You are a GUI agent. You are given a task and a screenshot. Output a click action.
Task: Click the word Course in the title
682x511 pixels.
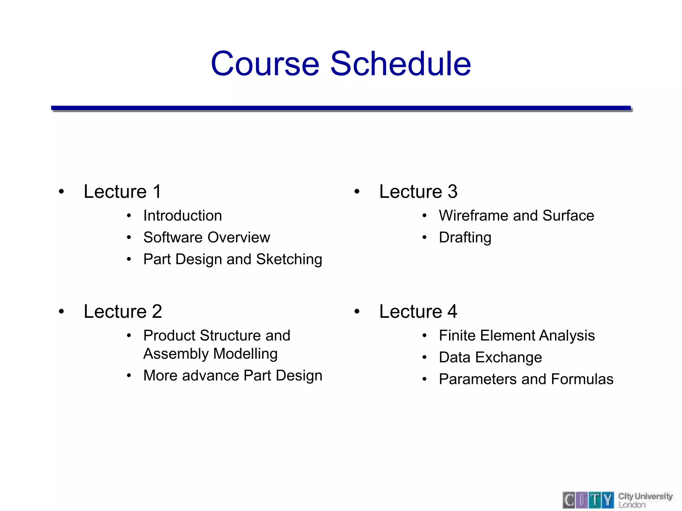[x=265, y=64]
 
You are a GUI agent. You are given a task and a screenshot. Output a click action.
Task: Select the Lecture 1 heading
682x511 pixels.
[x=123, y=192]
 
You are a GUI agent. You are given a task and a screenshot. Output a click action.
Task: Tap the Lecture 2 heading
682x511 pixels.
[x=123, y=312]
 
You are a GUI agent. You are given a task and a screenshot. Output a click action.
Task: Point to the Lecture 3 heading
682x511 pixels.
[x=418, y=192]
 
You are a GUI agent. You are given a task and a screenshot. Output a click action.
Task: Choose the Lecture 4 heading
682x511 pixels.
[x=418, y=312]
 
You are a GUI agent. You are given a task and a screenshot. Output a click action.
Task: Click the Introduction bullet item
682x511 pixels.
[x=182, y=216]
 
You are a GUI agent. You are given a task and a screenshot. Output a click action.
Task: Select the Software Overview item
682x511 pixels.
[x=206, y=238]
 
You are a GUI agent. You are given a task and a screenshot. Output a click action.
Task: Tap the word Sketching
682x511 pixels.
[x=289, y=259]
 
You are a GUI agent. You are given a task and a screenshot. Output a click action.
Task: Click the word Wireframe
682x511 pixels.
[x=473, y=216]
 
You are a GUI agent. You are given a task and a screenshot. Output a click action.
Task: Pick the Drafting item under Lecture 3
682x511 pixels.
[x=465, y=238]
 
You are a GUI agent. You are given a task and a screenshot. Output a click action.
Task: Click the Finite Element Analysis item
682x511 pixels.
[x=516, y=336]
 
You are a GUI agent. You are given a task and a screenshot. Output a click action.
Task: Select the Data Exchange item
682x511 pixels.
[x=490, y=358]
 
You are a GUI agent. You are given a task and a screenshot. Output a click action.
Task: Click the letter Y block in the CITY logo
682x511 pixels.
[x=608, y=500]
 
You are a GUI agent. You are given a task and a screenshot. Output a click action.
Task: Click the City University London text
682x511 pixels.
[x=645, y=500]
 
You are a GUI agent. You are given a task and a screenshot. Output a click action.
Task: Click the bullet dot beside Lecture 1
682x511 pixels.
[x=61, y=192]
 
